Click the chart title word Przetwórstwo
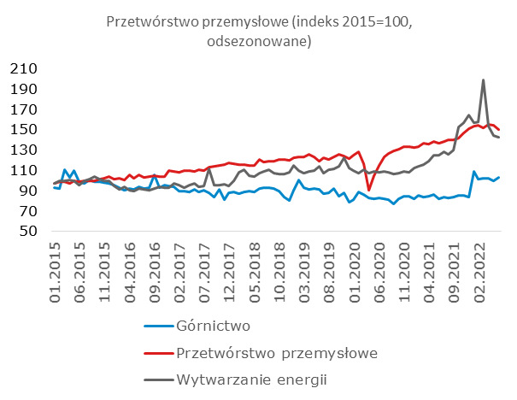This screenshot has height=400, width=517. [148, 22]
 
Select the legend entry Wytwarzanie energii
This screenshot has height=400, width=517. [250, 379]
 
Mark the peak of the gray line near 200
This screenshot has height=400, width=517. [484, 80]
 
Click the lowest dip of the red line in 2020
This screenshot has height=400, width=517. [369, 190]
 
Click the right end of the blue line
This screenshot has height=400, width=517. [499, 177]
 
